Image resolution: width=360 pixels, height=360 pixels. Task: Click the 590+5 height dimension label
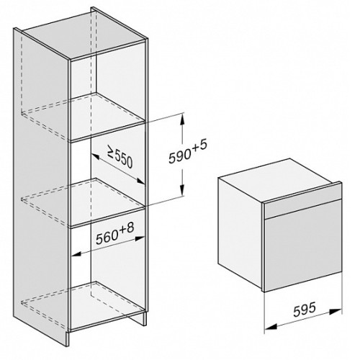[x=187, y=153]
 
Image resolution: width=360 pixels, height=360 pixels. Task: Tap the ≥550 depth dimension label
[x=120, y=158]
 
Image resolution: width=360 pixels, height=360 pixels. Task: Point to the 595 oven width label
[x=305, y=310]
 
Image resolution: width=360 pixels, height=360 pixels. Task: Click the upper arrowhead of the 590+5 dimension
[x=182, y=119]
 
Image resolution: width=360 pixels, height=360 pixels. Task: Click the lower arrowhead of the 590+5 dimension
[x=182, y=191]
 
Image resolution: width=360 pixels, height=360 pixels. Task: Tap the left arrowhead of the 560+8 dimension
[x=76, y=254]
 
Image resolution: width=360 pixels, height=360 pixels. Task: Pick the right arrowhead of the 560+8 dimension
[x=140, y=238]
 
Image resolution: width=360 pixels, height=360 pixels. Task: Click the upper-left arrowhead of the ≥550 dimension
[x=95, y=156]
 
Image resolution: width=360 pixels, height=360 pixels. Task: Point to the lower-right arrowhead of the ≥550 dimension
[x=140, y=181]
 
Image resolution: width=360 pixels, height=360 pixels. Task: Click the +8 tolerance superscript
[x=127, y=229]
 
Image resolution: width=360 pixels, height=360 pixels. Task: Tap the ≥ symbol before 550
[x=111, y=153]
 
